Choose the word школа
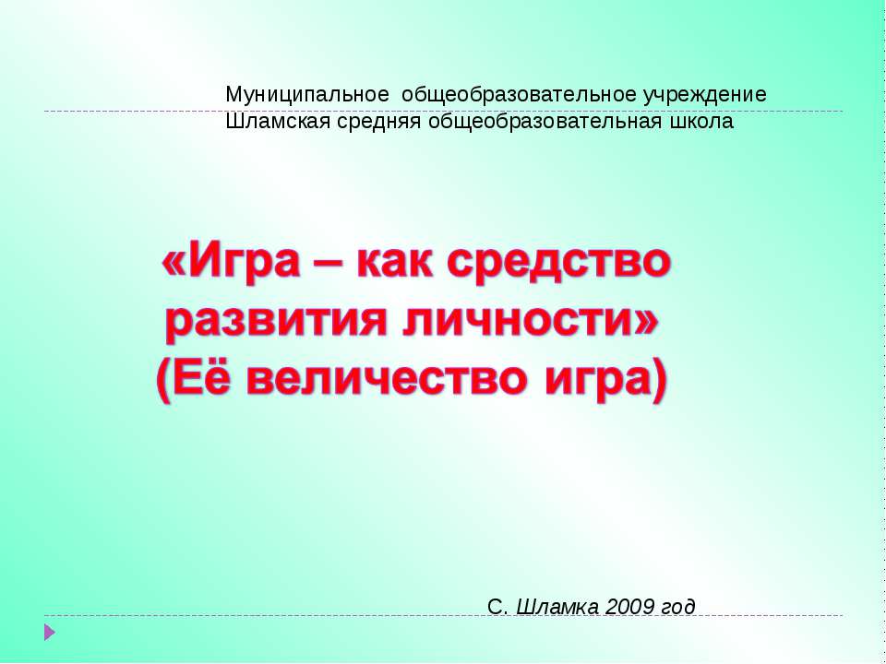(x=704, y=122)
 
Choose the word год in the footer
(x=677, y=606)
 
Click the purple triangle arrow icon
(x=50, y=633)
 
